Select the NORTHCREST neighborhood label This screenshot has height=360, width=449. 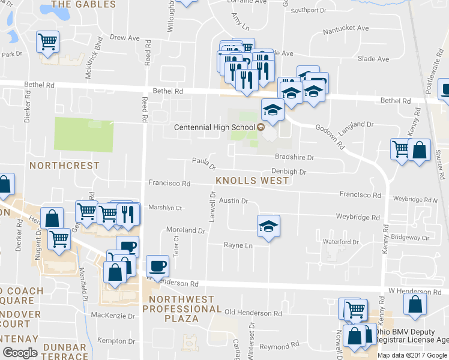coord(64,165)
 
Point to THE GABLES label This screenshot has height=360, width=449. coord(83,4)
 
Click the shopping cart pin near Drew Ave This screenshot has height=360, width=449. coord(48,42)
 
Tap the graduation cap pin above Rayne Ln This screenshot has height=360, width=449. coord(268,227)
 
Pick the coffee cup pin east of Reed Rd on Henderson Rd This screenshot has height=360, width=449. coord(157,266)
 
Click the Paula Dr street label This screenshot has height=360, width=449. coord(203,163)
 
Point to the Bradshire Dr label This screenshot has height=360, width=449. coord(295,157)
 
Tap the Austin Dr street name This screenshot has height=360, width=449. coord(233,200)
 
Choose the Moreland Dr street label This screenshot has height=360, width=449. coord(185,230)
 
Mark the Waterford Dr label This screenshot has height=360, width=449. coord(341,242)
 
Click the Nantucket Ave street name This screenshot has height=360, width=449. coord(346,28)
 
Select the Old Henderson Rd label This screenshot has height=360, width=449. coord(253,313)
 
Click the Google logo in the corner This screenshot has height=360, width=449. coord(20,352)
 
